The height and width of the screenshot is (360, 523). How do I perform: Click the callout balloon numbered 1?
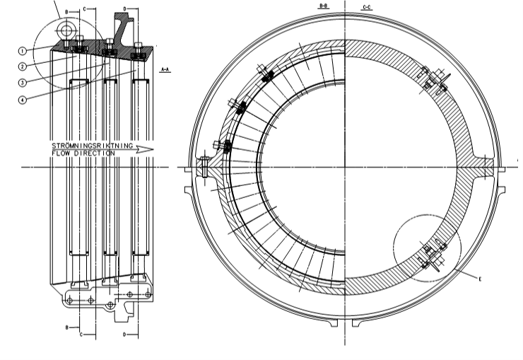pos(23,51)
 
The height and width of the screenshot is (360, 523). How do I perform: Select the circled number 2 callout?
pos(23,66)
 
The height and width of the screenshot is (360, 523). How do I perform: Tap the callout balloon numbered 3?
pos(23,82)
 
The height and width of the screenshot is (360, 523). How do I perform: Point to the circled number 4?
pos(23,99)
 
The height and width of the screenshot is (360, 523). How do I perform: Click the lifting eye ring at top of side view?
pos(66,30)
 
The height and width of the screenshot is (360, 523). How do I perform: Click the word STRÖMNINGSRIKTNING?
pos(93,146)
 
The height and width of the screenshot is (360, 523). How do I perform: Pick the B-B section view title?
pos(324,6)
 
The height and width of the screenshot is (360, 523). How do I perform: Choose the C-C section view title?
pos(368,6)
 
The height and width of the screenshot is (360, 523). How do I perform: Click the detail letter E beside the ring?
pos(480,279)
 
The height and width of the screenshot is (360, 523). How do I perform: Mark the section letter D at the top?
pos(125,9)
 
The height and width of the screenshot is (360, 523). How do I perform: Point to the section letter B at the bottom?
pos(67,328)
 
